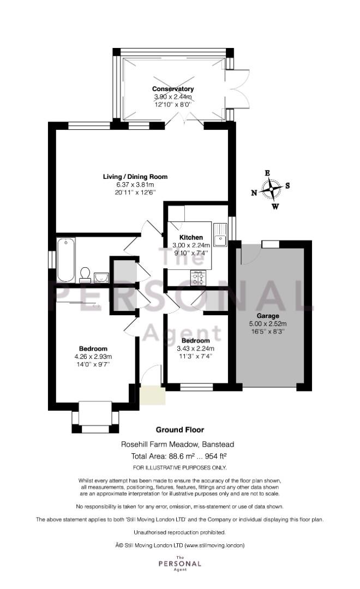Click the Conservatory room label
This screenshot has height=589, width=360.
pos(173,89)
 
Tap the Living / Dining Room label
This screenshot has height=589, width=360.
pos(135,177)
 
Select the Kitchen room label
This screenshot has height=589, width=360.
pos(191,237)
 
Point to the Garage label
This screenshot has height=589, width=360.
pos(268,316)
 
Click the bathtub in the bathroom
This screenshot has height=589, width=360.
pos(66,260)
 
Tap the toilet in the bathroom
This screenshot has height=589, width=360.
pos(85,274)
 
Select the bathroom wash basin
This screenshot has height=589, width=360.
pos(101,278)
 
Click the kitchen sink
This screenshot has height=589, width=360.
pos(220,235)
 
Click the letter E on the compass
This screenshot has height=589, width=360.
pos(268,173)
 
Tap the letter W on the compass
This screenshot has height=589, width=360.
pos(275,206)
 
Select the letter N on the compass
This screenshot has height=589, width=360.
pos(254,193)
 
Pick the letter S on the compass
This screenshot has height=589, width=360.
pos(287,185)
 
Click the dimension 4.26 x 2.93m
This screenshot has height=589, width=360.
pos(93,357)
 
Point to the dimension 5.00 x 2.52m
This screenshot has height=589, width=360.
pos(268,324)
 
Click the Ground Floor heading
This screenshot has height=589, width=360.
pos(180,430)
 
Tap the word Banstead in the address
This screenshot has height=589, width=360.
pos(218,444)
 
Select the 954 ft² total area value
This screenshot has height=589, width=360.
pos(213,456)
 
